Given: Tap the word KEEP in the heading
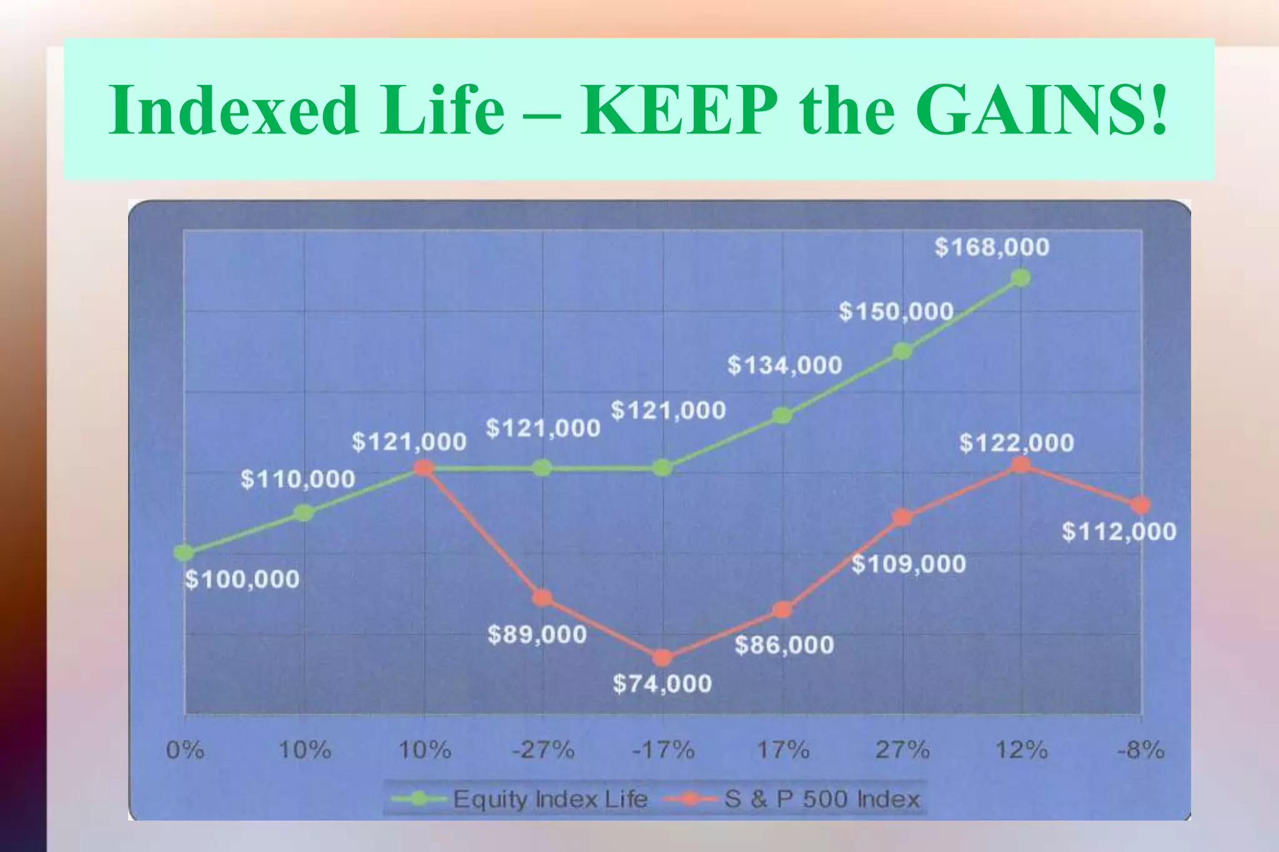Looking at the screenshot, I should [678, 110].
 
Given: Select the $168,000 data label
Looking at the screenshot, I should [992, 247].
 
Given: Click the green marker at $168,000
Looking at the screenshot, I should [1020, 278].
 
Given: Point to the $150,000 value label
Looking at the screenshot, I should [896, 311].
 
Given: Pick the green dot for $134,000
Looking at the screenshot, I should [782, 416].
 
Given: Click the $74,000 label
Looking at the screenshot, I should [662, 683].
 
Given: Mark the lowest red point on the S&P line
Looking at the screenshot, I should [663, 657].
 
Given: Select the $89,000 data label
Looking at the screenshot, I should [537, 635].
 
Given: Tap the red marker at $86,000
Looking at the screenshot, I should [782, 610].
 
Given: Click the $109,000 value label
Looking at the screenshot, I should [909, 564].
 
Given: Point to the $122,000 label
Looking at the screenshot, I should [1016, 443].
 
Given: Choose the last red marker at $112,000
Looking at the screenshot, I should [1140, 505].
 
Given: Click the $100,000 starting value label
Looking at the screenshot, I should [242, 580].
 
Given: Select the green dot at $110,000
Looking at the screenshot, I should [304, 513].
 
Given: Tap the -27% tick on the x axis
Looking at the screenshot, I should [543, 749].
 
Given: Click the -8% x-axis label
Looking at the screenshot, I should [1140, 749].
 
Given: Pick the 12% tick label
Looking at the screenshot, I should [1021, 749].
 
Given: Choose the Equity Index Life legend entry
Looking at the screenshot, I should [550, 799].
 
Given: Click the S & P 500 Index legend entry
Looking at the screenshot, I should [821, 799].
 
